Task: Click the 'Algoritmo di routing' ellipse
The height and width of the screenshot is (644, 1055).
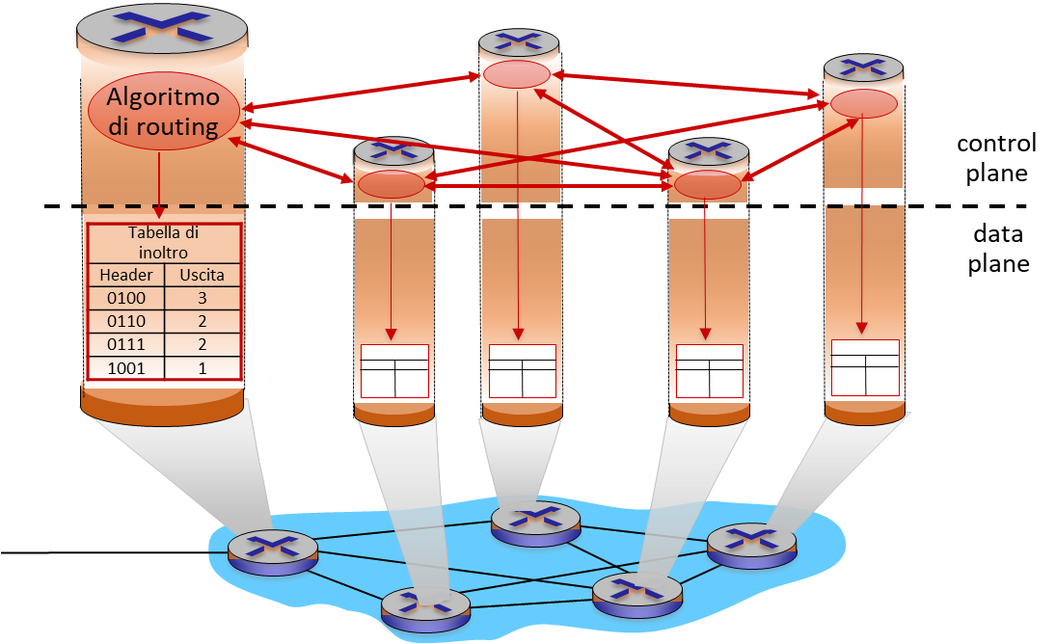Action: (163, 112)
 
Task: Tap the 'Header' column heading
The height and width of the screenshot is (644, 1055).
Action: (126, 275)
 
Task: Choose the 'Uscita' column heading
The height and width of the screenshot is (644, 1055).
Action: (202, 275)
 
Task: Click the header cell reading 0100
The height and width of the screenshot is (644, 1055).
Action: (126, 298)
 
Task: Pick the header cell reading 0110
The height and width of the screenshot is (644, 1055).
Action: (126, 321)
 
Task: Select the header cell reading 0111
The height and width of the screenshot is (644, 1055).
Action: (126, 344)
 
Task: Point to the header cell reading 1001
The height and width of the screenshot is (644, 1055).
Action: (126, 367)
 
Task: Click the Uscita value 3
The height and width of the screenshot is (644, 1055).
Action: (202, 298)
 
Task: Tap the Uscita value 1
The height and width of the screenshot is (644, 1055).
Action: (202, 367)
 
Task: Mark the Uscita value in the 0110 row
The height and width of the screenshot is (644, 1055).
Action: (202, 321)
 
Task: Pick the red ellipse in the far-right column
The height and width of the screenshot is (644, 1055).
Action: (864, 104)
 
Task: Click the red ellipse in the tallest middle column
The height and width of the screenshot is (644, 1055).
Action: (517, 74)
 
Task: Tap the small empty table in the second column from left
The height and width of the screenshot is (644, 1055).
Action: (393, 370)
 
